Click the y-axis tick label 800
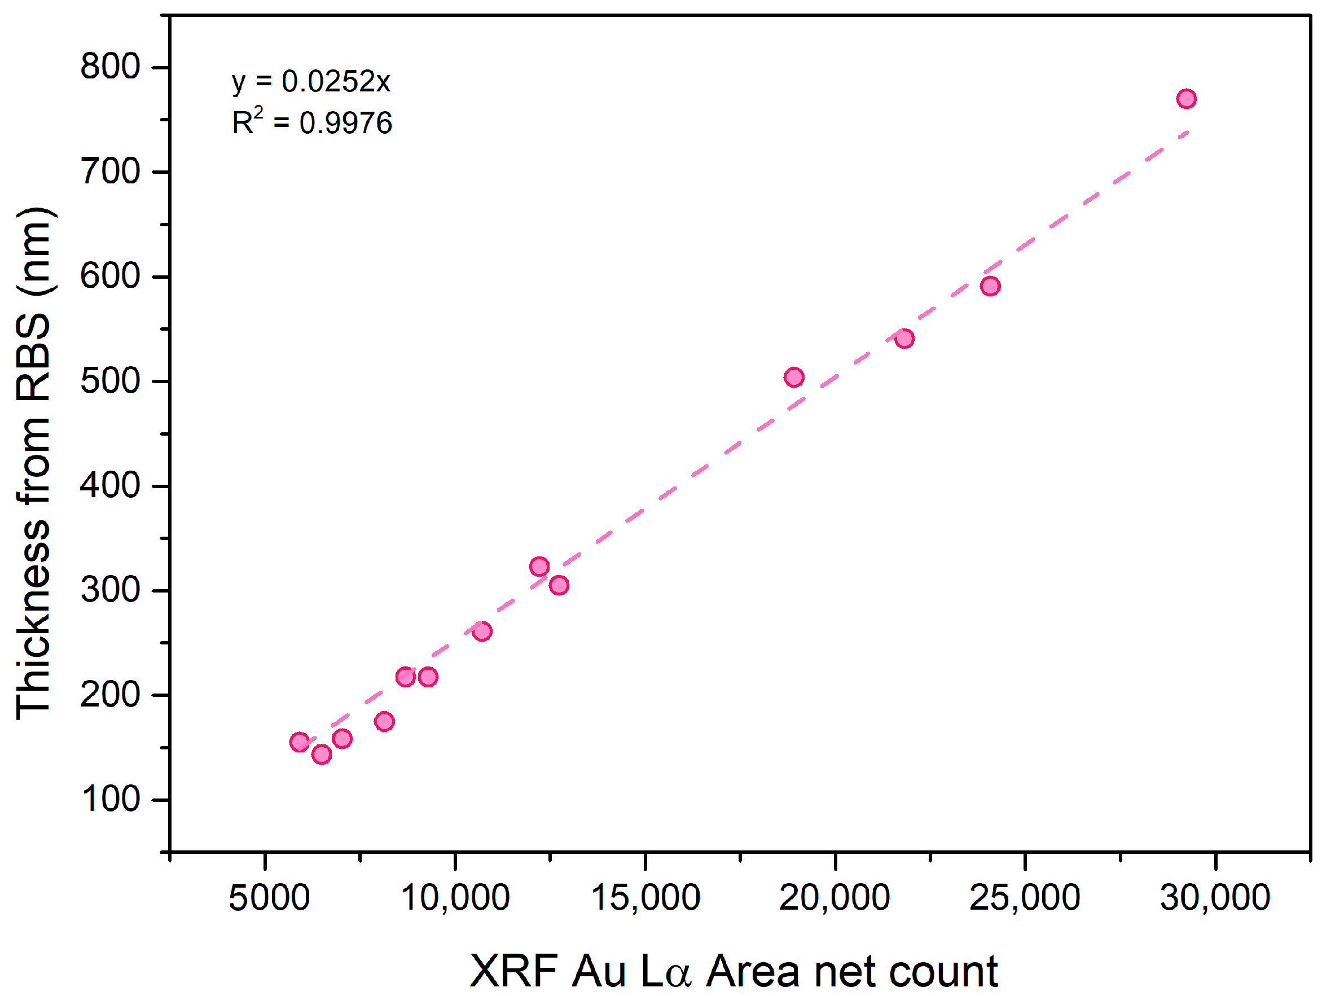110,67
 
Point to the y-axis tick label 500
110,381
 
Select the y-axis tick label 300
110,590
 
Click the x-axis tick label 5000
269,897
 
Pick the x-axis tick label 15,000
645,897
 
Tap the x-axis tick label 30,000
1215,897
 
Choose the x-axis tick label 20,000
835,897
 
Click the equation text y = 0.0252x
311,81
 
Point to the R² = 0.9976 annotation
312,122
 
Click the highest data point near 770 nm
1187,99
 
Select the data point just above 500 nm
794,377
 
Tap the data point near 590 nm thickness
990,286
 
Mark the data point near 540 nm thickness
904,339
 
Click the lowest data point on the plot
322,754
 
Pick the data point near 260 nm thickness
482,631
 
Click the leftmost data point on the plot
300,742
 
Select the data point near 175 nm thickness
384,722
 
